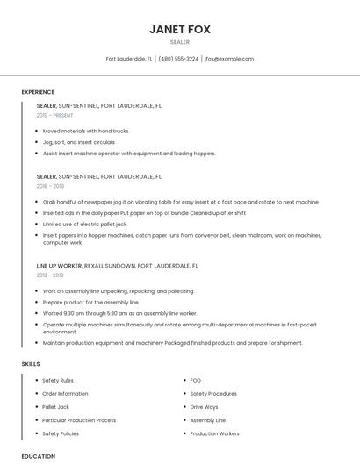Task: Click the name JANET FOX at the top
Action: [179, 29]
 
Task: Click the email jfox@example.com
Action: [228, 59]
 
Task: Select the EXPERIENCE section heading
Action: [38, 92]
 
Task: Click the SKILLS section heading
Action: [31, 363]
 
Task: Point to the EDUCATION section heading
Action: [38, 456]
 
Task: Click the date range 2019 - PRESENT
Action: [54, 115]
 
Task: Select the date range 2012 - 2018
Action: [50, 275]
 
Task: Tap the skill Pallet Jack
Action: [55, 407]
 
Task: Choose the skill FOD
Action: [195, 381]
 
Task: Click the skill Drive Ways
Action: [204, 407]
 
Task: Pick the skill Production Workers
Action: [214, 433]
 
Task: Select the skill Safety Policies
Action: [60, 433]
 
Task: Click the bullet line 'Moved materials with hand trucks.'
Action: [86, 131]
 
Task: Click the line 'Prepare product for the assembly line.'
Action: [90, 302]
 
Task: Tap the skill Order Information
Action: [64, 394]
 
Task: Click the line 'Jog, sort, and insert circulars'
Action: [79, 142]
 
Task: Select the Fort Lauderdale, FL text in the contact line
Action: [129, 59]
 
